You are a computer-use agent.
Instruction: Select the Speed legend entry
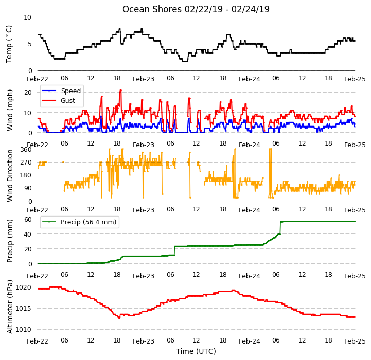click(62, 91)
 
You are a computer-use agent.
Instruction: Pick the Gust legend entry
click(59, 100)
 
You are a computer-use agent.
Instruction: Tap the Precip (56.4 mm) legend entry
click(79, 222)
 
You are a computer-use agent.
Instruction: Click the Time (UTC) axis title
click(196, 351)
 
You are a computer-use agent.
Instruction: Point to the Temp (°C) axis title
click(9, 44)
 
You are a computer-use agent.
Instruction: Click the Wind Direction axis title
click(10, 175)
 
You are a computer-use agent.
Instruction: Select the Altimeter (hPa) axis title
click(10, 307)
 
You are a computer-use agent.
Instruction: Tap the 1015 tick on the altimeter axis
click(23, 309)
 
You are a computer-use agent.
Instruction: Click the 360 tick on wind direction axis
click(26, 150)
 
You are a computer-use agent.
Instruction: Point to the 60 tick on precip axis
click(28, 220)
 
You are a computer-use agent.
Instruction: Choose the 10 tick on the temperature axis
click(27, 17)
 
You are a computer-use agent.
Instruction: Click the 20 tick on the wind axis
click(28, 93)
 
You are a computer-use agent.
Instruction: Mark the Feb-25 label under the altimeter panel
click(355, 341)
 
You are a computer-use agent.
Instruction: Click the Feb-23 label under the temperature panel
click(144, 79)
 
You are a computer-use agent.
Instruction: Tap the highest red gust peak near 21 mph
click(121, 90)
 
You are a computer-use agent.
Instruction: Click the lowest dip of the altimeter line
click(119, 318)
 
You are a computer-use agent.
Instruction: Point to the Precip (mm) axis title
click(10, 241)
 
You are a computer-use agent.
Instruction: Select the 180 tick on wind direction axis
click(26, 175)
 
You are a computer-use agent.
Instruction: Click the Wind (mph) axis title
click(10, 110)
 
